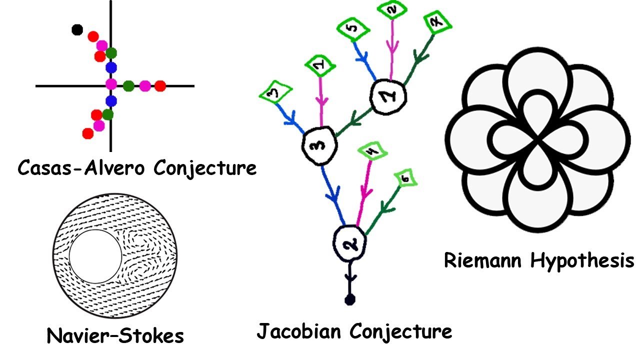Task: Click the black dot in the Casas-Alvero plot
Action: (x=76, y=30)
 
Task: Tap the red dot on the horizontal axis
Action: (x=160, y=86)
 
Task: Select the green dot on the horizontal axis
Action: (x=128, y=86)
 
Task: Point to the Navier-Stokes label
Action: (x=115, y=335)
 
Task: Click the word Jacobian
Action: (x=300, y=330)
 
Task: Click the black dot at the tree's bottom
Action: (x=350, y=299)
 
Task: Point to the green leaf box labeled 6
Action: (x=406, y=178)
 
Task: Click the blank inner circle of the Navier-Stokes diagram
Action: (x=94, y=256)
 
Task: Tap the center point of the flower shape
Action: (x=538, y=139)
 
